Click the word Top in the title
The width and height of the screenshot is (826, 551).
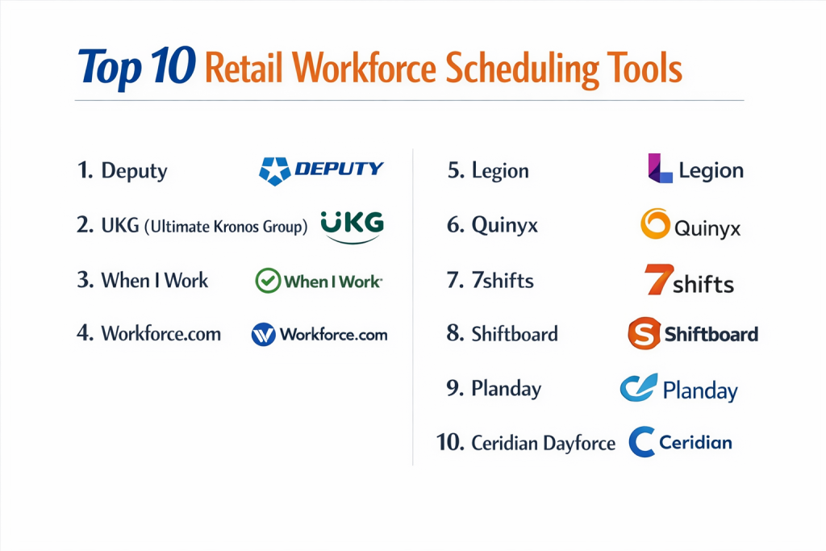point(110,69)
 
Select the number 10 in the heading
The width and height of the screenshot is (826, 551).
point(173,65)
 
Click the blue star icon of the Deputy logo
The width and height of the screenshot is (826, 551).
point(274,171)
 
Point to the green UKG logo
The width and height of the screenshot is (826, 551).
point(352,227)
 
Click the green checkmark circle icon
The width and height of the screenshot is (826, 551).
point(268,281)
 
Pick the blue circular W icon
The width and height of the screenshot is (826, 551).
point(264,334)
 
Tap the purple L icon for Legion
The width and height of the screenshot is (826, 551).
point(660,168)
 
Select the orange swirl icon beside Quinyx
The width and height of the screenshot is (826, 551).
point(655,224)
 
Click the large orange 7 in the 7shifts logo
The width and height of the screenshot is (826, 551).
point(658,279)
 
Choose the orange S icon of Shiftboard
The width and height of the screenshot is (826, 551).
point(644,333)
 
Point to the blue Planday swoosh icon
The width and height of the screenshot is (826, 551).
point(639,388)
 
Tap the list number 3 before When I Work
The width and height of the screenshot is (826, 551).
point(86,280)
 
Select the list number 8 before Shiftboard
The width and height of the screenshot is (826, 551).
point(455,333)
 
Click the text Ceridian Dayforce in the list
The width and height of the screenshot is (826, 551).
point(543,444)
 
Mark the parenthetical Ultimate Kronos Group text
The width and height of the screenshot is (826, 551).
point(226,227)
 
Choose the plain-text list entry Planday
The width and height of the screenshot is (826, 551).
point(507,389)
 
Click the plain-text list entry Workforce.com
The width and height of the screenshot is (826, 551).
point(161,333)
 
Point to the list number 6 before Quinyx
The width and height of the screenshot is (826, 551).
point(455,225)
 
